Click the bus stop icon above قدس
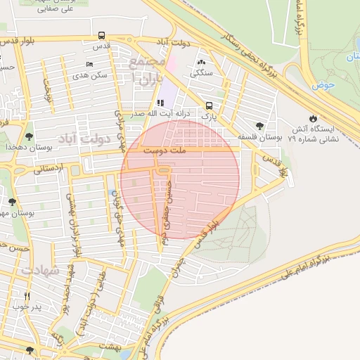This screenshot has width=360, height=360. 102,36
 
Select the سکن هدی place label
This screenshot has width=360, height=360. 96,75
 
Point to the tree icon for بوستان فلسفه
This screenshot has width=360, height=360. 259,126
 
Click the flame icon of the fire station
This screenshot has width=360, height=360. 313,118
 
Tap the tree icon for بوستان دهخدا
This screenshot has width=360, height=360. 29,136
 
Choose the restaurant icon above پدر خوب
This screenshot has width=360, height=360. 27,296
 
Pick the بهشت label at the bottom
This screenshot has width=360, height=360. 111,347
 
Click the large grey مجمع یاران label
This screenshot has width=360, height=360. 146,70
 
